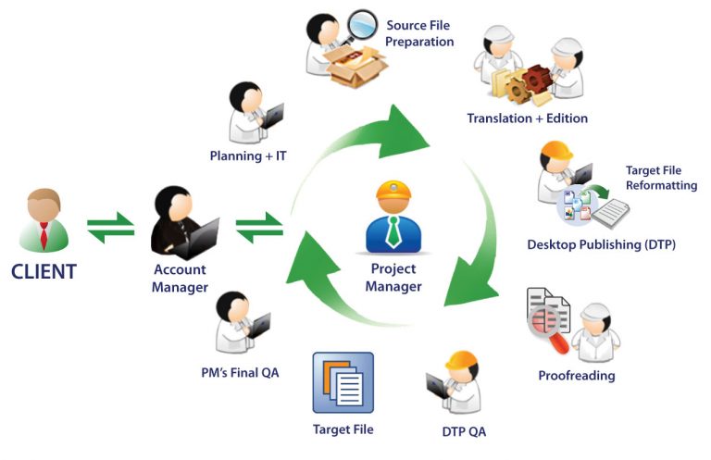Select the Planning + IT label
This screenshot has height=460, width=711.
click(x=247, y=155)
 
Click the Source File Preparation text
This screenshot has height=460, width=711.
click(x=419, y=34)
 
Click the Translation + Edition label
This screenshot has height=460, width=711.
click(x=527, y=118)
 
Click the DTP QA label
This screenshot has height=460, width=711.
click(x=463, y=431)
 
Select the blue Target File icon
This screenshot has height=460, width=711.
click(x=343, y=382)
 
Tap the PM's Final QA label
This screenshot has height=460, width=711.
click(x=245, y=373)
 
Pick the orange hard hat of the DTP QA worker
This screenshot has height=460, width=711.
click(x=461, y=363)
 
